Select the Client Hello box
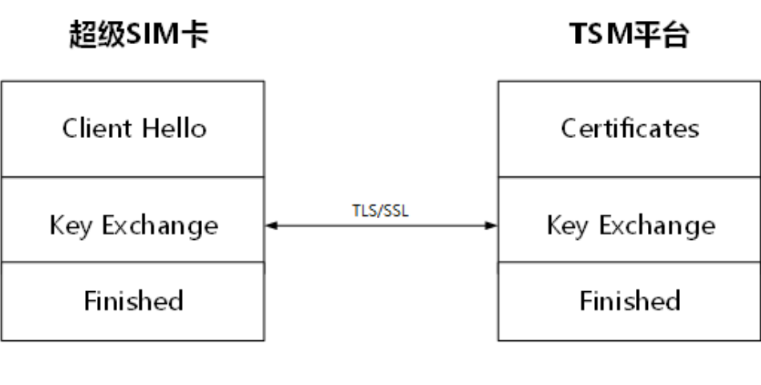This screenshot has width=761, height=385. pyautogui.click(x=133, y=128)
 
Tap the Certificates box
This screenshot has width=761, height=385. pyautogui.click(x=629, y=128)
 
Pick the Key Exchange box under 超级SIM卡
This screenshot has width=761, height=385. pyautogui.click(x=133, y=225)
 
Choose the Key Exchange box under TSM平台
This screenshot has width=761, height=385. pyautogui.click(x=629, y=225)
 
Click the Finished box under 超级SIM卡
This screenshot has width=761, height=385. pyautogui.click(x=133, y=301)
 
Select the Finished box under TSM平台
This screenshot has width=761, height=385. pyautogui.click(x=629, y=301)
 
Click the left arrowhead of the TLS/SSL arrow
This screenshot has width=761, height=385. pyautogui.click(x=270, y=225)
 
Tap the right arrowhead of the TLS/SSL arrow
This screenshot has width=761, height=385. pyautogui.click(x=492, y=225)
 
